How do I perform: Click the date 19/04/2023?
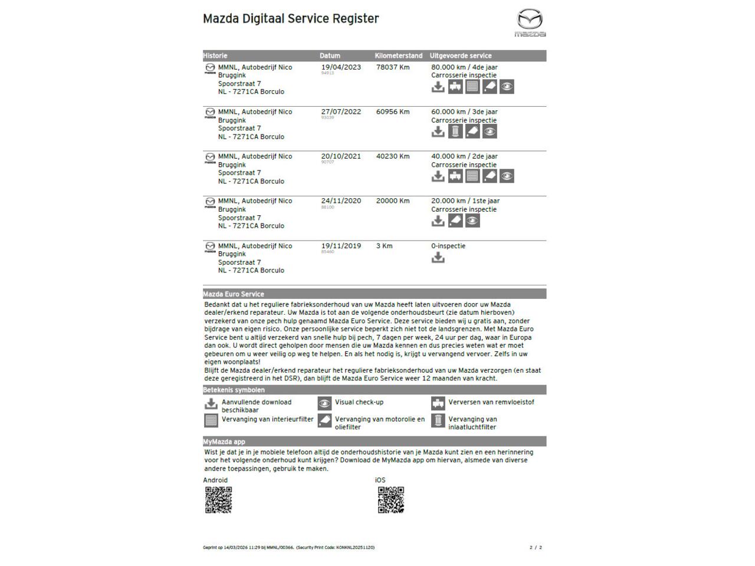341,67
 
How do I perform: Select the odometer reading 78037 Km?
393,67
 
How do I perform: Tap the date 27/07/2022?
341,112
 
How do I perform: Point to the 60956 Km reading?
393,112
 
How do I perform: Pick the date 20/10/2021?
341,156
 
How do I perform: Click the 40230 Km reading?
393,156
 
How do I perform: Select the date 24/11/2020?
341,201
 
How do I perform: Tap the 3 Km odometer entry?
384,246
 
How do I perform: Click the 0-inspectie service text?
448,246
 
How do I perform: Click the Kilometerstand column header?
399,56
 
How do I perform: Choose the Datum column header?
330,56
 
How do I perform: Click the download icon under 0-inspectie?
438,258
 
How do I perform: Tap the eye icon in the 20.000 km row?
472,221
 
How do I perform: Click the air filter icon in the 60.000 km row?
455,131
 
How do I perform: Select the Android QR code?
218,500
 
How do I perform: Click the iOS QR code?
391,500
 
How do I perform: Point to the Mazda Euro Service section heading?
234,294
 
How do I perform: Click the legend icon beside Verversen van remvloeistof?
438,403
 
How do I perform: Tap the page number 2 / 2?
536,548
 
